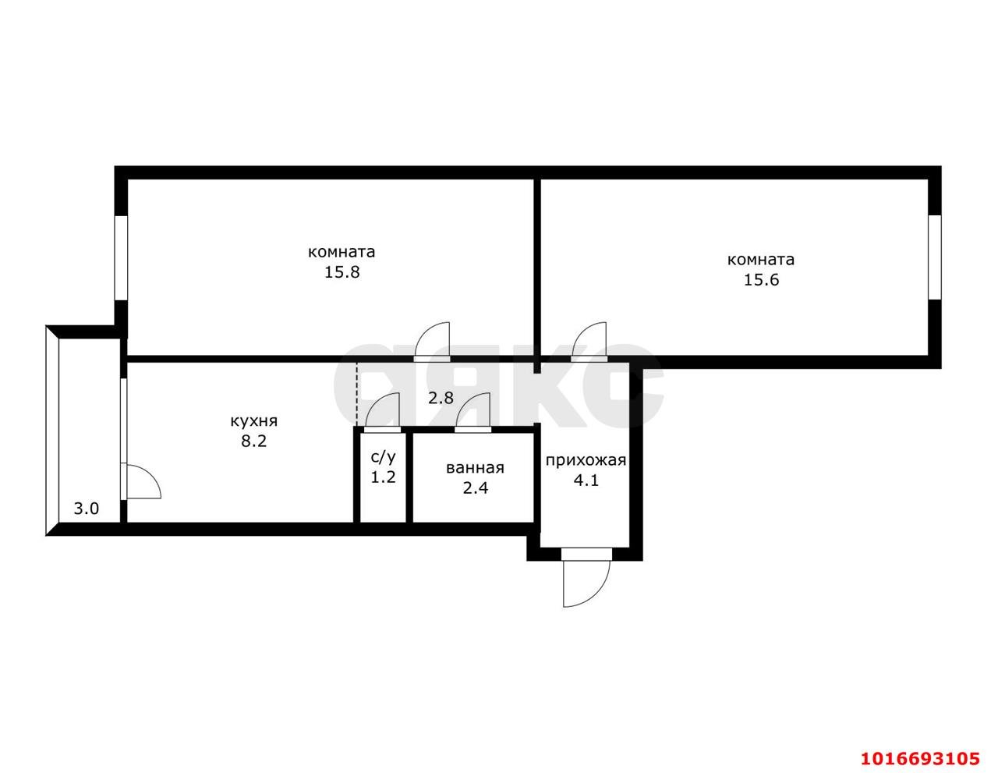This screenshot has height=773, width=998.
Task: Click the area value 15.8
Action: [x=342, y=272]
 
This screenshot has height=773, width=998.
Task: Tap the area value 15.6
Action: [x=761, y=280]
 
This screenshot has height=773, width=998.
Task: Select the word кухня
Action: [x=254, y=421]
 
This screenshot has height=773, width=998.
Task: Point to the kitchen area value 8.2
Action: [x=254, y=441]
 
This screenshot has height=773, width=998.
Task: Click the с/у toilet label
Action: [x=383, y=457]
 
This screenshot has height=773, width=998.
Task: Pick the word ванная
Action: [x=475, y=468]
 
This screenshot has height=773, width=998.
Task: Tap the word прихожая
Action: [x=586, y=461]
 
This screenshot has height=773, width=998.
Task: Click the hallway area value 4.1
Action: [x=586, y=480]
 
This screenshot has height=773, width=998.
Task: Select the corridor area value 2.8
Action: [x=441, y=398]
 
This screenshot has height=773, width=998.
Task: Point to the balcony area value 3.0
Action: [x=87, y=509]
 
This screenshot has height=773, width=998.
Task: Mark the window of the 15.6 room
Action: [x=935, y=257]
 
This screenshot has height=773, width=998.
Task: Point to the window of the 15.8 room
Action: [x=121, y=259]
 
